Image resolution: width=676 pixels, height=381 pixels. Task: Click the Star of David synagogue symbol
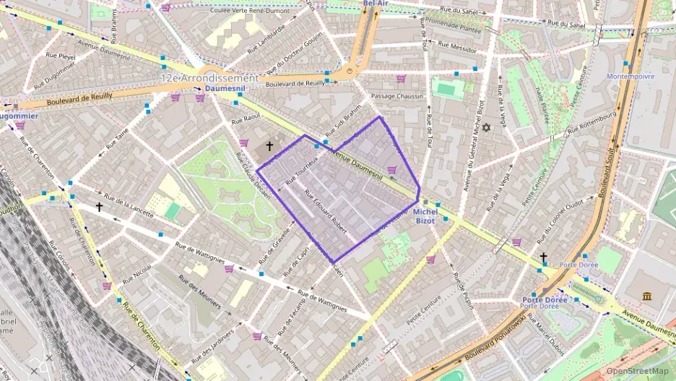[486, 128]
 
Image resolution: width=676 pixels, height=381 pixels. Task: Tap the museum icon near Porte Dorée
[646, 296]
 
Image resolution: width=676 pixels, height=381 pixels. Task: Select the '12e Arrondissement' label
[209, 77]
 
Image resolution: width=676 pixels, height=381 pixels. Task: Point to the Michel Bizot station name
[425, 216]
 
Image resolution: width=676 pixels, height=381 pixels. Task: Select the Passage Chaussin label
[396, 96]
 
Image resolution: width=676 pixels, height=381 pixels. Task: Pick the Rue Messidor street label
[453, 46]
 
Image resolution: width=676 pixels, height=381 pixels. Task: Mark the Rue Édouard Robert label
[326, 210]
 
